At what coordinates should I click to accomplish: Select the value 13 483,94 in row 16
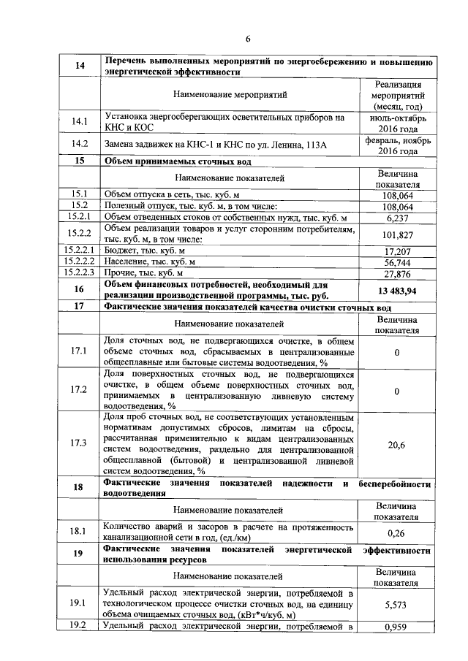pos(397,290)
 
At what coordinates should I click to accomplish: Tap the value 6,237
pos(397,218)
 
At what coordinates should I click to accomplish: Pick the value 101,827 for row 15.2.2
pos(397,234)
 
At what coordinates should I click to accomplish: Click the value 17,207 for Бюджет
pos(397,251)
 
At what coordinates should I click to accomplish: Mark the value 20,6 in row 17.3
pos(397,446)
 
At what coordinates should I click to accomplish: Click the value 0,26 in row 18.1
pos(397,532)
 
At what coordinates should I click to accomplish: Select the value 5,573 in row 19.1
pos(397,605)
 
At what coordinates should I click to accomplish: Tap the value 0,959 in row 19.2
pos(397,627)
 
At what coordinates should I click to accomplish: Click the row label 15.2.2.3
pos(78,272)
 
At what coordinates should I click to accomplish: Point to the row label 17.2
pos(78,390)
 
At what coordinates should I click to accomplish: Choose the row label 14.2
pos(78,145)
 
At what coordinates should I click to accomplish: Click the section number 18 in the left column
pos(78,487)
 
